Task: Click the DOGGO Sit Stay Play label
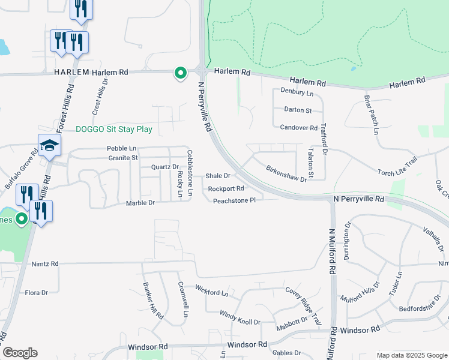pos(114,129)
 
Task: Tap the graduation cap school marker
pos(49,146)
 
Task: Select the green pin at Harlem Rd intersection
pos(180,73)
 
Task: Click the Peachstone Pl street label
pos(235,200)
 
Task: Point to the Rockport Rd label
pos(225,188)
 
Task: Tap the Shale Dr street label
pos(218,176)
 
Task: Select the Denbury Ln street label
pos(297,94)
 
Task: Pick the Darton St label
pos(298,110)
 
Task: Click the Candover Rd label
pos(298,128)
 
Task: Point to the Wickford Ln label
pos(212,291)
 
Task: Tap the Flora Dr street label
pos(36,293)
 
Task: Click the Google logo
pos(20,353)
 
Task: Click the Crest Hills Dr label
pos(100,97)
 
